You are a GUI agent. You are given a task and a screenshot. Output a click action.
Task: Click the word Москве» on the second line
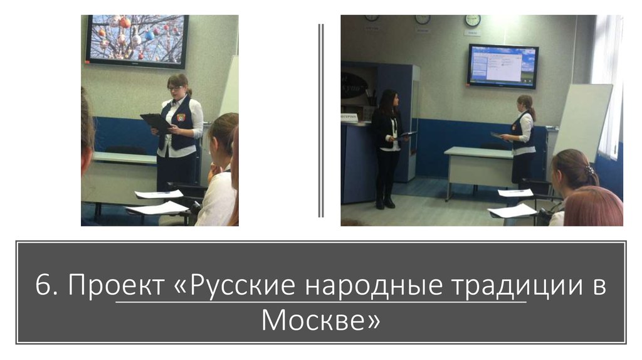point(320,320)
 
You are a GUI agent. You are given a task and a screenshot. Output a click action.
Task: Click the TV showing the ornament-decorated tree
point(137,41)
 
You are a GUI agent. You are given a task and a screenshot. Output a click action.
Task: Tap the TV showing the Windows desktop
point(503,65)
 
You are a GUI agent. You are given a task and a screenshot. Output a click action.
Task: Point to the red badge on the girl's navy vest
point(180,117)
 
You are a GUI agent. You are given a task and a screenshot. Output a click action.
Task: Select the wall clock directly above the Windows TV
point(472,20)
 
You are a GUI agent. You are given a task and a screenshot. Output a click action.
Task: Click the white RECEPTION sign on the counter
point(349,117)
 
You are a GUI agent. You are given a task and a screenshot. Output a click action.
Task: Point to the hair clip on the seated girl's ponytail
point(589,170)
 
